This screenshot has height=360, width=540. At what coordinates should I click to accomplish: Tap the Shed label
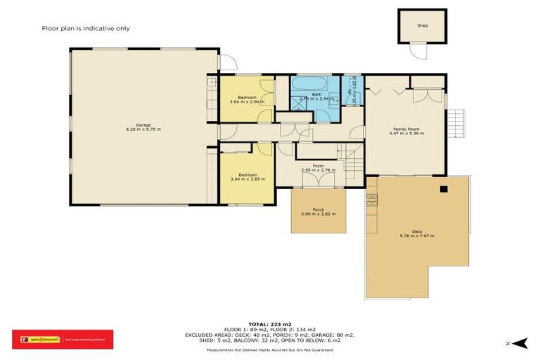[422, 25]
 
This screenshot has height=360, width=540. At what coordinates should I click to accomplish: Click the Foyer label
[318, 165]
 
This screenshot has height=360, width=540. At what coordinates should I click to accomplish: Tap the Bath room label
[316, 94]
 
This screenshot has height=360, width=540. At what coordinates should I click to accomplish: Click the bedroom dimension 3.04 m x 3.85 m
[247, 179]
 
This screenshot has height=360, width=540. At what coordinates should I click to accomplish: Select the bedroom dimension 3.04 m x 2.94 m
[247, 101]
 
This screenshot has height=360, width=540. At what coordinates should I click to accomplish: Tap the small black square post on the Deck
[444, 188]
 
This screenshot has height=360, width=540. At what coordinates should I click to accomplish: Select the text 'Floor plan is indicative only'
[85, 29]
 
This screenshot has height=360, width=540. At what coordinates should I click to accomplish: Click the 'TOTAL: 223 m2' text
[270, 324]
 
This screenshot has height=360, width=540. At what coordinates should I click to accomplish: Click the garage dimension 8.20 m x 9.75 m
[143, 129]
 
